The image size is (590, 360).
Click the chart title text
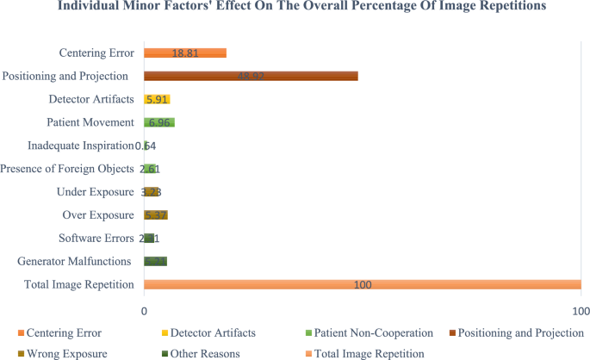point(295,11)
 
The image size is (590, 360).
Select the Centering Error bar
point(184,53)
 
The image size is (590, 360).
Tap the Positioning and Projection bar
point(250,77)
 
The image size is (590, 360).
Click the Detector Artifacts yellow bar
point(157,99)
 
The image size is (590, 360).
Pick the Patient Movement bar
point(159,122)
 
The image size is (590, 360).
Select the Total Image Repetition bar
point(362,284)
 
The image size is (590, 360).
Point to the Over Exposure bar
point(156,214)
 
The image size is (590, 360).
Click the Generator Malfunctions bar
point(155,261)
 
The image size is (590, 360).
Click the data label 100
point(363,285)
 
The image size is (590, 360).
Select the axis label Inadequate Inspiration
point(81,146)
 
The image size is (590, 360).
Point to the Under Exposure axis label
point(95,191)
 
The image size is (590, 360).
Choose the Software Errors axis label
point(96,238)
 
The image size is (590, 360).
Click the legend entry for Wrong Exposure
point(62,353)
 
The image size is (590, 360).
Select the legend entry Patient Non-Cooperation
point(368,332)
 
